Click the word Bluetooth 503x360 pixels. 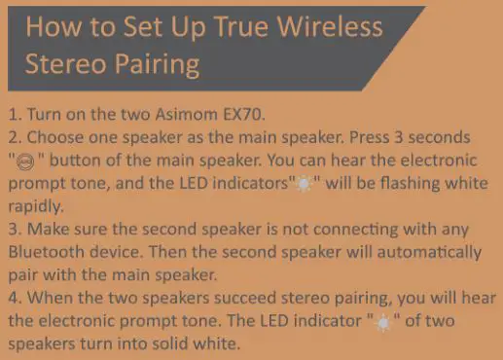[46, 252]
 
